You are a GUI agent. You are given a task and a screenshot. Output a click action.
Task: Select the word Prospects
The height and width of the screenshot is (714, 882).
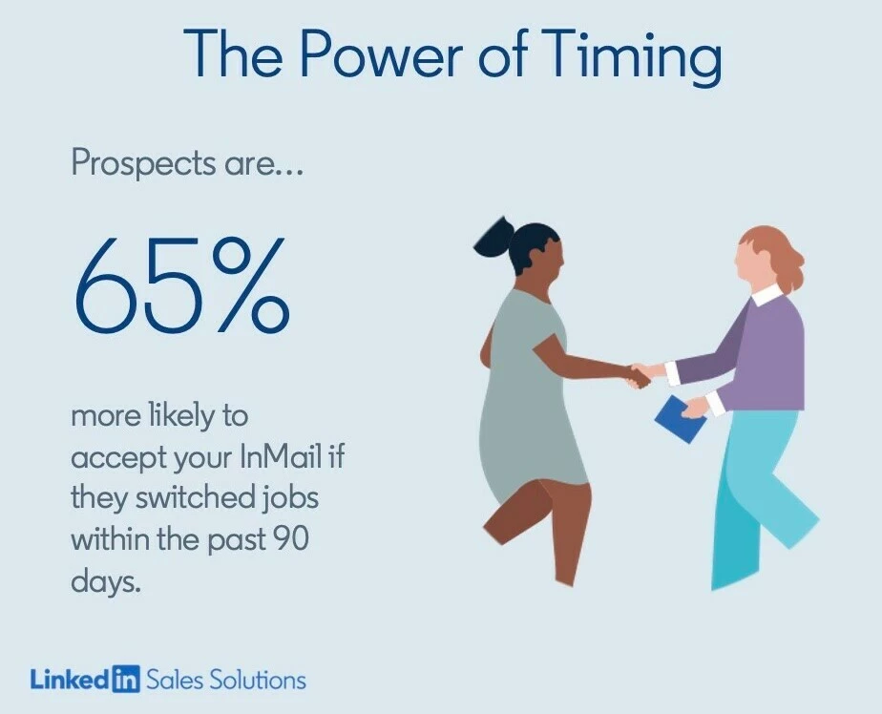143,165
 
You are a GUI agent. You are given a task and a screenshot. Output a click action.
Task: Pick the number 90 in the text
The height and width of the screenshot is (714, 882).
291,539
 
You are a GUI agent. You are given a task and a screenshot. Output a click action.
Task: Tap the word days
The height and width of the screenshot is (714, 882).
105,582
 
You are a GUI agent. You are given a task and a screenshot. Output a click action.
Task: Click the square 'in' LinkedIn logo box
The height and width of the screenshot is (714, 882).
125,678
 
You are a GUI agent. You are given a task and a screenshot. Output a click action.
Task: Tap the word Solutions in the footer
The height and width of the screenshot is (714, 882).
258,681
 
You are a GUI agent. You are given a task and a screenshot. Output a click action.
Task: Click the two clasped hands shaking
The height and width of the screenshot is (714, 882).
641,374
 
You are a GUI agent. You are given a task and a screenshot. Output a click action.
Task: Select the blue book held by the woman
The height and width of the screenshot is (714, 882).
681,419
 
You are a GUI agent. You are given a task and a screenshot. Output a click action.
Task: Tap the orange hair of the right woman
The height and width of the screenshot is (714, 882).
777,253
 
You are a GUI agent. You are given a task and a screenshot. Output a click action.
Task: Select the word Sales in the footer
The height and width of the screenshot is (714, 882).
174,681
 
